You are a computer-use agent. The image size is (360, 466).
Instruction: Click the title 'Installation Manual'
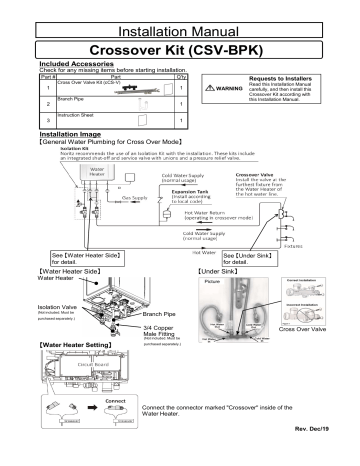180,17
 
